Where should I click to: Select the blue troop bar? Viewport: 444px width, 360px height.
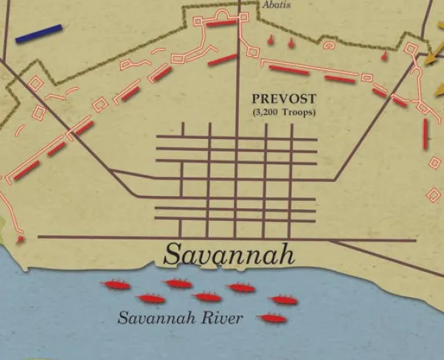coord(38,33)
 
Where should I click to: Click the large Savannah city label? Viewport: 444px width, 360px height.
coord(229,254)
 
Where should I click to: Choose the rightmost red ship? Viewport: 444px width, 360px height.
coord(283,300)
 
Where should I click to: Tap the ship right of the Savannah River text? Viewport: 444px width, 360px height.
coord(272,319)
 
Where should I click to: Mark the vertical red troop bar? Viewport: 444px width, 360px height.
coord(425,134)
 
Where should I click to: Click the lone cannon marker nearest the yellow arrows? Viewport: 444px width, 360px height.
coord(385,55)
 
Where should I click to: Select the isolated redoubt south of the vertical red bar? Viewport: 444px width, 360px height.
coord(434,194)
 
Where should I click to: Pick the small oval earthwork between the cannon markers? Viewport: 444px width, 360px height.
coord(329,45)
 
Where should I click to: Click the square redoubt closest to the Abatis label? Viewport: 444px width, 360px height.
coord(254,52)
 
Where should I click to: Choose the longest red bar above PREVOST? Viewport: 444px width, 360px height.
coord(289,70)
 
